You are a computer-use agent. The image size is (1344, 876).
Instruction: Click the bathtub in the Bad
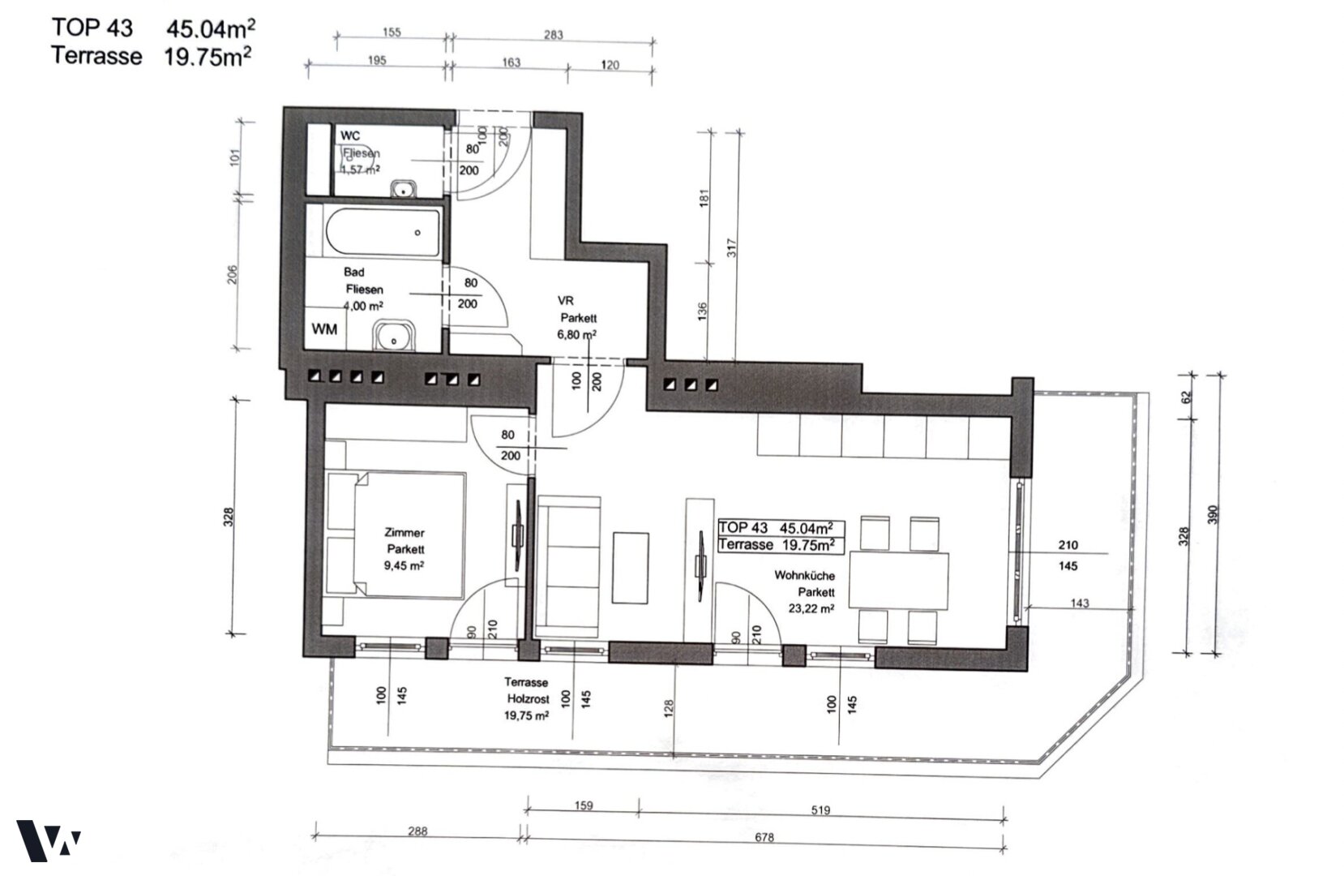[383, 232]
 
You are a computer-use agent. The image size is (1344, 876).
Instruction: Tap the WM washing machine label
[324, 329]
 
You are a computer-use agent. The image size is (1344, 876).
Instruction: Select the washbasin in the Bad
[394, 336]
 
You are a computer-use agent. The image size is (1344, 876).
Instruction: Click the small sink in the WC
[404, 189]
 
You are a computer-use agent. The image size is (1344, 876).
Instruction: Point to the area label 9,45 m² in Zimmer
[404, 565]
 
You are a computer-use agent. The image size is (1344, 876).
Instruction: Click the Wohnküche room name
[804, 575]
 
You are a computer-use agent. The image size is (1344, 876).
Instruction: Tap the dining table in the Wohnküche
[899, 581]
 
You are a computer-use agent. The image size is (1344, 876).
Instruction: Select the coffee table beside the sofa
[630, 568]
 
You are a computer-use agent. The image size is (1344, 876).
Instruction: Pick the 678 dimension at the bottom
[764, 837]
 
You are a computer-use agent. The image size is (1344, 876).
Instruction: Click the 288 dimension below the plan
[417, 831]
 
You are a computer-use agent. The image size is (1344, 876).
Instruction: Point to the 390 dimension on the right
[1213, 514]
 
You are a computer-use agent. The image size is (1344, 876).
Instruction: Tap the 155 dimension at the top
[392, 32]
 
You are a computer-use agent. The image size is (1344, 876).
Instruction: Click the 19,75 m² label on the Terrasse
[526, 715]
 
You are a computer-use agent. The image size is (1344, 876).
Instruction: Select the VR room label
[565, 300]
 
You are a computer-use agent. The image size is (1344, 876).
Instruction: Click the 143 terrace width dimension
[1080, 603]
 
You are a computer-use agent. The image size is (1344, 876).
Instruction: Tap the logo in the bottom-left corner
[48, 840]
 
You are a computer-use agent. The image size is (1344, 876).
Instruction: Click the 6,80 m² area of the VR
[576, 334]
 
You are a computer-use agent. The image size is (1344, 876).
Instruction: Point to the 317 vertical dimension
[731, 248]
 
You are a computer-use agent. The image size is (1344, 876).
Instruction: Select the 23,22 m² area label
[811, 608]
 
